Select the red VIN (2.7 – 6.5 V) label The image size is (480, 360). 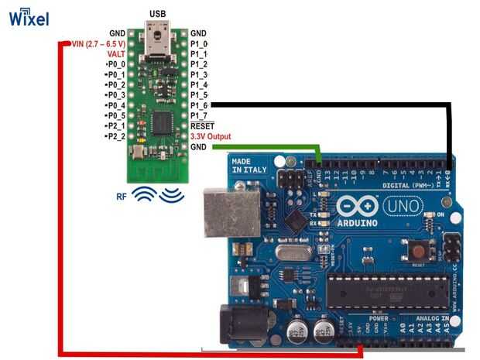pyautogui.click(x=98, y=44)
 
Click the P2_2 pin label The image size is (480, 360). pyautogui.click(x=115, y=136)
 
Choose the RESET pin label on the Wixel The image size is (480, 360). pyautogui.click(x=202, y=125)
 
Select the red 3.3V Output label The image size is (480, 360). pyautogui.click(x=211, y=136)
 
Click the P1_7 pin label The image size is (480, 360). pyautogui.click(x=199, y=115)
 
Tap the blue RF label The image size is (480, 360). pyautogui.click(x=122, y=197)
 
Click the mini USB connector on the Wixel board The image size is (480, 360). pyautogui.click(x=159, y=36)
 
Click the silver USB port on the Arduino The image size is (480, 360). pyautogui.click(x=230, y=213)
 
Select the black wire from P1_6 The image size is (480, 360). pyautogui.click(x=333, y=105)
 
